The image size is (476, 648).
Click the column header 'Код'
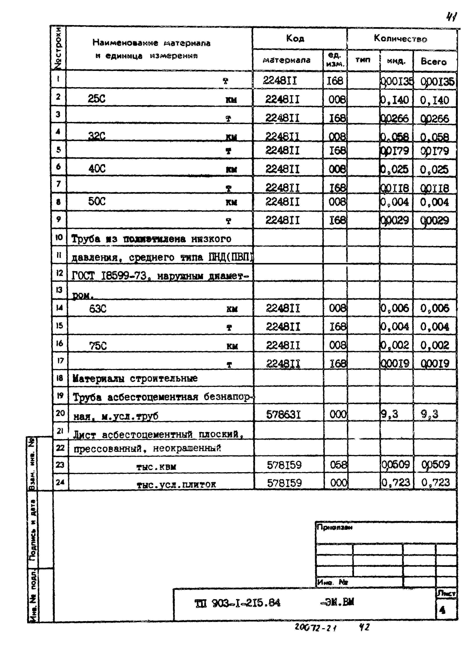click(x=295, y=38)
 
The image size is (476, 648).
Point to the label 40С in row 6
click(x=97, y=168)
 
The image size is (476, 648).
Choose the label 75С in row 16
click(x=98, y=345)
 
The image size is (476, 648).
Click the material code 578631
click(x=283, y=415)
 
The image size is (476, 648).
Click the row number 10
click(x=59, y=237)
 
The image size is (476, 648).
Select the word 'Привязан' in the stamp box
click(x=334, y=527)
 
